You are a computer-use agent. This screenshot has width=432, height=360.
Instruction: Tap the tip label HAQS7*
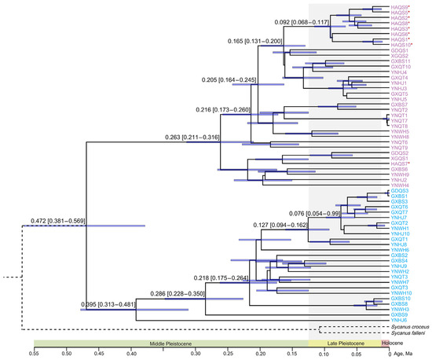pos(401,163)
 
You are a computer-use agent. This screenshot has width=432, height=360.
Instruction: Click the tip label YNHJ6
pos(398,320)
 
